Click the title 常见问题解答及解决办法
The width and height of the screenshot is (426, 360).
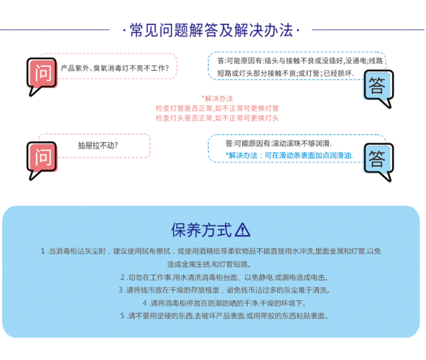212,30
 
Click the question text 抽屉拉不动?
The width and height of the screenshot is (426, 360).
98,146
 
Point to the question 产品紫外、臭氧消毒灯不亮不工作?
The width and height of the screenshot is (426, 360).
114,68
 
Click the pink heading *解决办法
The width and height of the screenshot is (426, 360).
217,99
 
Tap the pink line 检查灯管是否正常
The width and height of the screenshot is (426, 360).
217,108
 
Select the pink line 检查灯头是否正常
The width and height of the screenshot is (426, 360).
217,118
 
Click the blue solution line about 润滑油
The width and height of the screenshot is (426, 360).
290,156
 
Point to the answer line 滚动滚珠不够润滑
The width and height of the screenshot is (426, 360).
278,143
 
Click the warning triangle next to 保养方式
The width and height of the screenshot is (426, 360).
242,229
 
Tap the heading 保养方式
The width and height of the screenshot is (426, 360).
202,230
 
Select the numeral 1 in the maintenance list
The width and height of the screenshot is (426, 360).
43,251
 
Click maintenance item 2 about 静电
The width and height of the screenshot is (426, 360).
224,278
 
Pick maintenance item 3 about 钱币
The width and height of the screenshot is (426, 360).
224,290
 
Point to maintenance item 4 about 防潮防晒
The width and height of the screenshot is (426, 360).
224,303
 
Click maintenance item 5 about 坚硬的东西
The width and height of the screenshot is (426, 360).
224,316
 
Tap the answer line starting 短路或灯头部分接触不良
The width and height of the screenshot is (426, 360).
285,73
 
